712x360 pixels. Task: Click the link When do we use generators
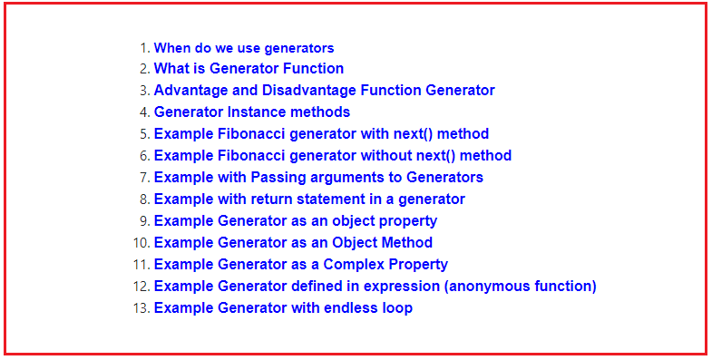tap(244, 48)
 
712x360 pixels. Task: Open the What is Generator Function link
tap(249, 68)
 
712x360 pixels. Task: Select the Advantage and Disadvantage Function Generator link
tap(324, 90)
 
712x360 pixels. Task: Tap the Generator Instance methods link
tap(251, 112)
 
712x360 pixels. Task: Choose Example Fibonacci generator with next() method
tap(321, 133)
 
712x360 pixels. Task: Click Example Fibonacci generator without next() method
tap(332, 155)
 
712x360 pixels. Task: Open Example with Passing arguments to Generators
tap(318, 177)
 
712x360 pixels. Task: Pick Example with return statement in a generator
tap(309, 199)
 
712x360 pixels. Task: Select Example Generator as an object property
tap(296, 220)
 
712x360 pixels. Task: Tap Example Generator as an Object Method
tap(293, 242)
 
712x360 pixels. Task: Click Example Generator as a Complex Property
tap(301, 264)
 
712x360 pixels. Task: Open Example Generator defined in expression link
tap(375, 286)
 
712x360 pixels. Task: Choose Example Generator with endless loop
tap(283, 307)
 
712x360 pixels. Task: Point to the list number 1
tap(144, 48)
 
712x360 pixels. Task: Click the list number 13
tap(141, 307)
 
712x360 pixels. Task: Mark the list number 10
tap(141, 242)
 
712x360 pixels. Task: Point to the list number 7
tap(144, 177)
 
